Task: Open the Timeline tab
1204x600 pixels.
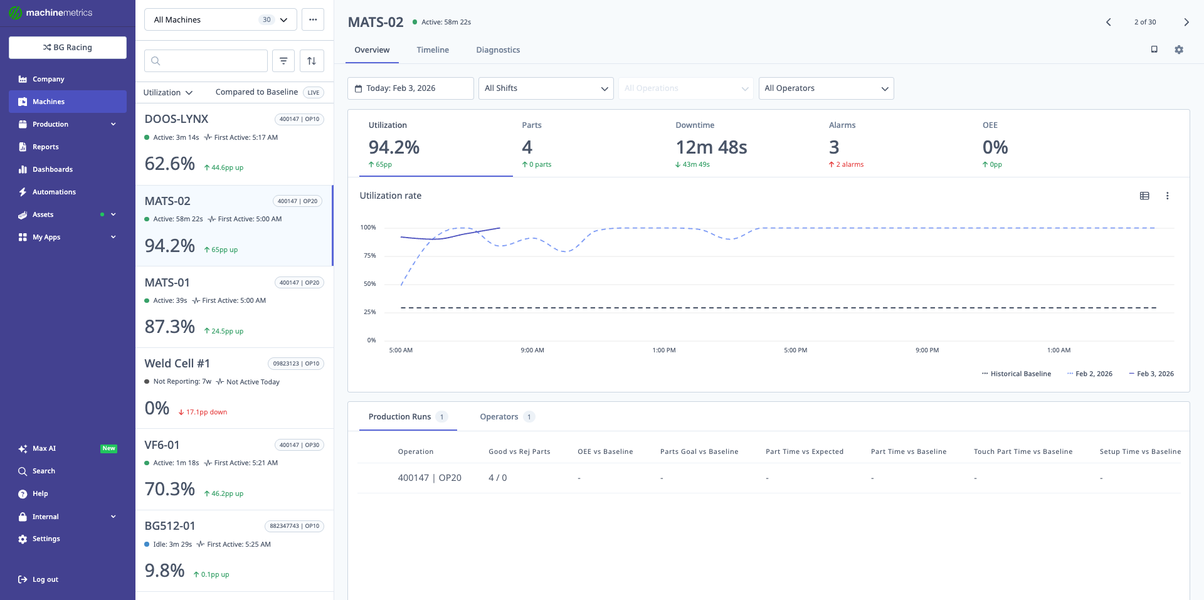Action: click(433, 50)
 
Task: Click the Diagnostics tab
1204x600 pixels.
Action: click(498, 50)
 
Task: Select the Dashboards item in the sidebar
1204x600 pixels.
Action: click(53, 169)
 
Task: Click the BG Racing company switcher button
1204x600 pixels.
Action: click(68, 48)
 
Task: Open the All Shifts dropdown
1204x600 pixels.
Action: click(546, 88)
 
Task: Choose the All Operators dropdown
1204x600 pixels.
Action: click(826, 88)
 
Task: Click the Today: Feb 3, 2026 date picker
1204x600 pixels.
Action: click(410, 88)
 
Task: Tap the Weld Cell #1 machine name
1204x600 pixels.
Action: click(177, 364)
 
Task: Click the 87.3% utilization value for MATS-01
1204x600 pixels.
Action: click(170, 327)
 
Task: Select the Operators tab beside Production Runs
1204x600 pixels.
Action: click(499, 417)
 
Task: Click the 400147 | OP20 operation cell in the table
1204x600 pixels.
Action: click(430, 478)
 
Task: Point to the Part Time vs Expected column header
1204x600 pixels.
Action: click(804, 451)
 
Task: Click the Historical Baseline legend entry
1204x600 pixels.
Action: click(1020, 374)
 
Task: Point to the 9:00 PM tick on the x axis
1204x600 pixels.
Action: click(927, 350)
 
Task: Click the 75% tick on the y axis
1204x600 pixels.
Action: click(369, 256)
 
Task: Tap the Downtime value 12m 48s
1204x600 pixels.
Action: click(711, 147)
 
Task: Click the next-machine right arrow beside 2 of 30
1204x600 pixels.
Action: click(1186, 22)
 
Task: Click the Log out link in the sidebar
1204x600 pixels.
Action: click(45, 579)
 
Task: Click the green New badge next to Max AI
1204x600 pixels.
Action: click(109, 448)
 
